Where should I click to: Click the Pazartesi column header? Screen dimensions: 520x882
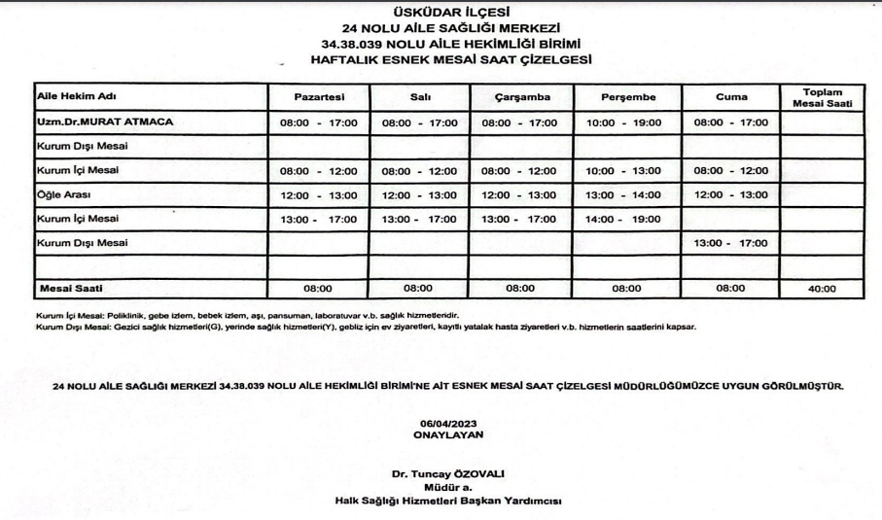coord(318,98)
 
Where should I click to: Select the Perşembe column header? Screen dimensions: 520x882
coord(628,98)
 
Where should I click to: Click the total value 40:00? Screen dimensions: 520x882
coord(823,289)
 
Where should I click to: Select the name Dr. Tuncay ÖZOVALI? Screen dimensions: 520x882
coord(448,473)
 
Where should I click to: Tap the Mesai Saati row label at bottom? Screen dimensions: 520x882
coord(70,289)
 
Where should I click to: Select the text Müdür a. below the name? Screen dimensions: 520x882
coord(448,487)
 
